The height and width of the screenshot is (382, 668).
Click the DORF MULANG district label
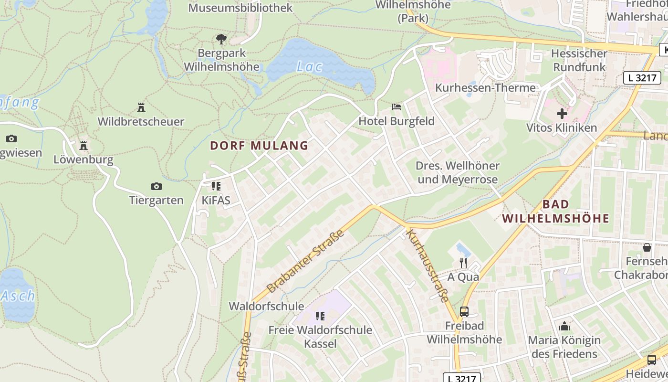[259, 146]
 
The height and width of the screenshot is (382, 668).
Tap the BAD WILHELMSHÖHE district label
[556, 212]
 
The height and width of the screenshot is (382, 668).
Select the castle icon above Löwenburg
[83, 145]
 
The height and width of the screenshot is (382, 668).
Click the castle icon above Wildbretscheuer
[141, 107]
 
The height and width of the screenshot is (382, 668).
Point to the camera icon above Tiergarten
[156, 186]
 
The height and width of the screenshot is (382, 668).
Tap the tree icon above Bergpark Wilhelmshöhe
[221, 39]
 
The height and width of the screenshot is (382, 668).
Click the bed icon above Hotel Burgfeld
[396, 106]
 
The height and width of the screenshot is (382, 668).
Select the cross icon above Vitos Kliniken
[562, 114]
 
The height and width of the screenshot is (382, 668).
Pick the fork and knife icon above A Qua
[463, 263]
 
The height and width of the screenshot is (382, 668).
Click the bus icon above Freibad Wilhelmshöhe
[464, 312]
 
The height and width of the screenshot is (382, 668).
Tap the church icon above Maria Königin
[564, 326]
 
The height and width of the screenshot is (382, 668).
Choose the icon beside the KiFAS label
[216, 186]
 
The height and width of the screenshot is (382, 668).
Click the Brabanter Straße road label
[305, 261]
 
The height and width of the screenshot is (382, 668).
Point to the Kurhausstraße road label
[428, 265]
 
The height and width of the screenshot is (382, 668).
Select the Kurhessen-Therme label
[485, 88]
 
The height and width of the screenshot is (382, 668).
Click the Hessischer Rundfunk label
[579, 60]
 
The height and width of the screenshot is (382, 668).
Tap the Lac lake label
[309, 67]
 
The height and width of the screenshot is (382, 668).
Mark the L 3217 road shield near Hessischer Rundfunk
[642, 78]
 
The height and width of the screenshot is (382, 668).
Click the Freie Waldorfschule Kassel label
[320, 337]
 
